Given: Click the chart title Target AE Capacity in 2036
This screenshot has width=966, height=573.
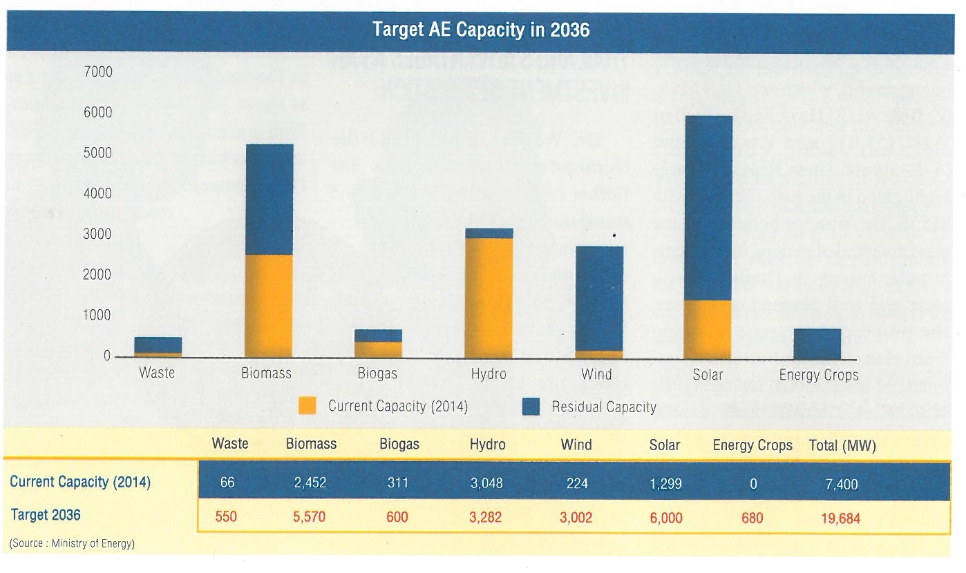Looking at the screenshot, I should coord(481,30).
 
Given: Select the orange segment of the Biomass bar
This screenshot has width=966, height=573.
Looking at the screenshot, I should coord(269,305).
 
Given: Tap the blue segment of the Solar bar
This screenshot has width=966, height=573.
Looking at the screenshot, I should coord(708,207).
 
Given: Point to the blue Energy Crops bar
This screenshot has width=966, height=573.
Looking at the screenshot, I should coord(817,343).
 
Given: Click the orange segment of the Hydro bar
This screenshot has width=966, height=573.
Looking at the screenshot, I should coord(489,297).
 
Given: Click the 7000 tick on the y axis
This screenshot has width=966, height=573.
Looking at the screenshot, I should coord(98,72).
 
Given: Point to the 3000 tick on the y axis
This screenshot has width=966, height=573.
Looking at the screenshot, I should coord(98,234).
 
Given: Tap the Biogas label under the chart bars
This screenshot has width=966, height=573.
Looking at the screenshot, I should coord(377,374).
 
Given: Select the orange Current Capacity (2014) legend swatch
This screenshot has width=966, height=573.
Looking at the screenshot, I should coord(307,406).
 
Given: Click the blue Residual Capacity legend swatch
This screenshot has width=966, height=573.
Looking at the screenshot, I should coord(530,407).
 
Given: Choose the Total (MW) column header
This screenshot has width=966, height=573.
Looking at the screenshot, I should coord(842,445).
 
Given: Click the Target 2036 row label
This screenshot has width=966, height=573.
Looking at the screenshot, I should coord(46,515).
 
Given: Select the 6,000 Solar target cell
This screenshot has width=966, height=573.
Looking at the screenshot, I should coord(665,517).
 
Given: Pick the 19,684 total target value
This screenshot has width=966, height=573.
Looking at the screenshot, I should coord(840,518).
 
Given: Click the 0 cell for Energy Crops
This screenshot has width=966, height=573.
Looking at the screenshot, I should coord(753,484).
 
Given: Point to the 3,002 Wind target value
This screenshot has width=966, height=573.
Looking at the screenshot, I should coord(576,517).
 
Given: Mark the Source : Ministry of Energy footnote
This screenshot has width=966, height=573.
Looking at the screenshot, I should coord(72,543).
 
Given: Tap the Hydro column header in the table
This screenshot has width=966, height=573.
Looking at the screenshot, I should coord(487,445).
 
